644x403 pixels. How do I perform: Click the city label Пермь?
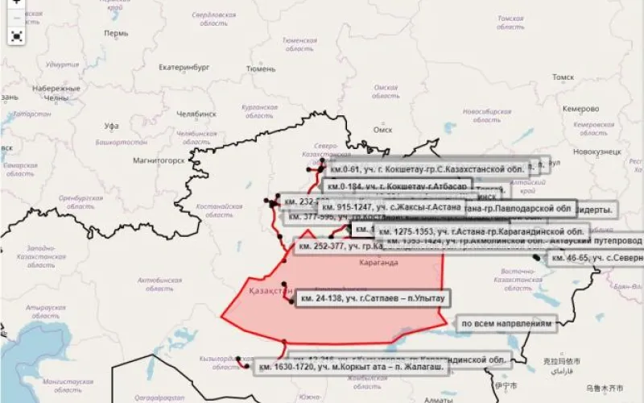coord(116,34)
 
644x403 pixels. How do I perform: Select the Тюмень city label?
coord(261,69)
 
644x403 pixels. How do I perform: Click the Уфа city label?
coord(112,126)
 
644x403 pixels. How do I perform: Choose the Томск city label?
coord(563,77)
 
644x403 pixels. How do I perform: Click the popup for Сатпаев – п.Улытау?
coord(371,298)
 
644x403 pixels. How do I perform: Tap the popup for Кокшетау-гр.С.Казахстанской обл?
coord(427,170)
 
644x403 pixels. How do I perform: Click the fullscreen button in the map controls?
coord(17,35)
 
